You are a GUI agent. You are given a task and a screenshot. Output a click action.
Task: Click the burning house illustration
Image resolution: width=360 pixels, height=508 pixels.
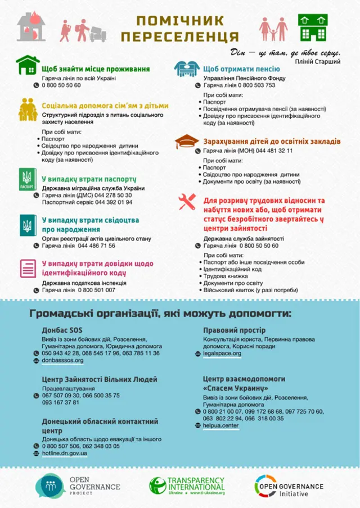(x=31, y=27)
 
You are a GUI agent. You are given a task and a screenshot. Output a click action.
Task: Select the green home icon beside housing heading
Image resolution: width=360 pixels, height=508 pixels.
(x=26, y=65)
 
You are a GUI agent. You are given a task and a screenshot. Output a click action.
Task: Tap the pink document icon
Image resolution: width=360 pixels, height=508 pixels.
(x=26, y=268)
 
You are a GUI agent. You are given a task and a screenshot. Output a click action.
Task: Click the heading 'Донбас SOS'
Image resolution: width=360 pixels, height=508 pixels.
(x=62, y=329)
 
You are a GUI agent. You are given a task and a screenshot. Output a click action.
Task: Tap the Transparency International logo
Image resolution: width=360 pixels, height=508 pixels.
(x=187, y=486)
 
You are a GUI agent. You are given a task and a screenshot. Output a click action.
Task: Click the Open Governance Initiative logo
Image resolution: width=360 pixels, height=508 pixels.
(x=289, y=486)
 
